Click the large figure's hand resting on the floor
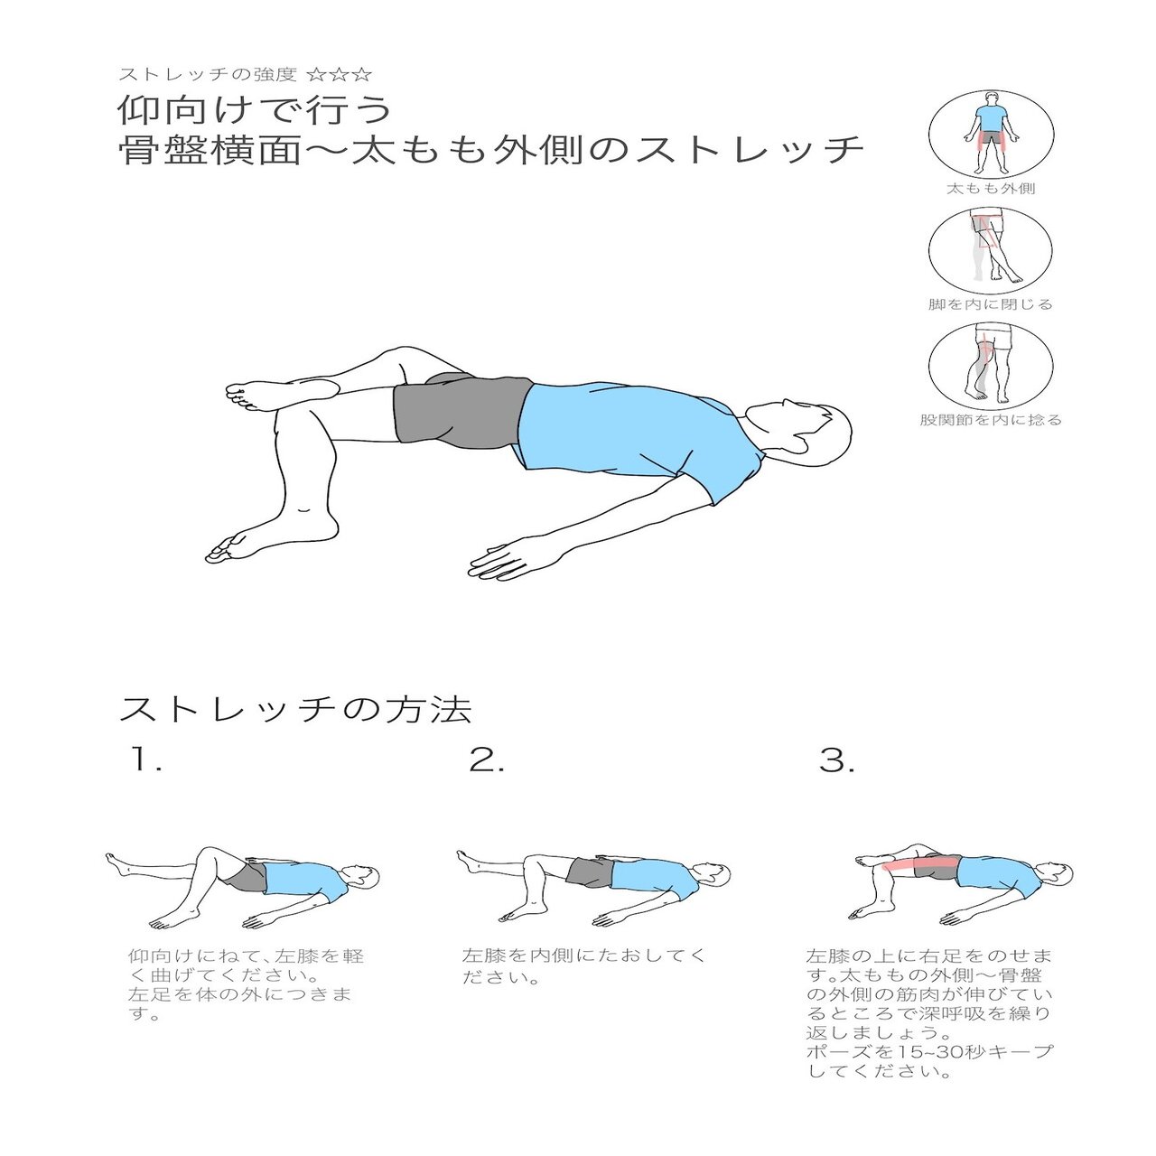tap(501, 561)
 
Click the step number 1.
tap(144, 761)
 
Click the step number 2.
tap(487, 761)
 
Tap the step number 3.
tap(836, 761)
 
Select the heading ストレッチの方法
tap(295, 710)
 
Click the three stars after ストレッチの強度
tap(340, 74)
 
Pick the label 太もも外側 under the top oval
tap(991, 189)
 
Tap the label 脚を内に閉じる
tap(991, 304)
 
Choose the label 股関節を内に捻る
tap(991, 420)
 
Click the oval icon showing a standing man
tap(991, 134)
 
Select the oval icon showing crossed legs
tap(991, 249)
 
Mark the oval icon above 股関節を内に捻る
tap(991, 365)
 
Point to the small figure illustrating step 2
tap(592, 885)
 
